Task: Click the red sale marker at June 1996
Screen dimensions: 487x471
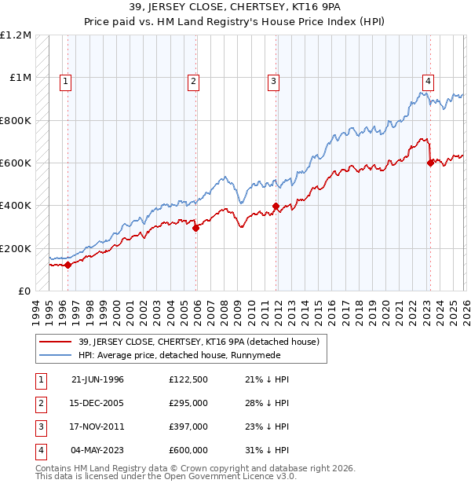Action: click(x=68, y=265)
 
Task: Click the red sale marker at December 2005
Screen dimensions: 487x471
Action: click(x=196, y=228)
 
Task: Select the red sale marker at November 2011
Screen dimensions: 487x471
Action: click(x=276, y=206)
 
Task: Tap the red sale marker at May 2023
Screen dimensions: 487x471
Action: click(x=430, y=163)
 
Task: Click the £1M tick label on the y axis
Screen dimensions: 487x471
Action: click(x=20, y=78)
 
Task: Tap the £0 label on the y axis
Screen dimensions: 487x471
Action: click(x=24, y=291)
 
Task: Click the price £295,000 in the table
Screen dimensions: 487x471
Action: click(x=188, y=403)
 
